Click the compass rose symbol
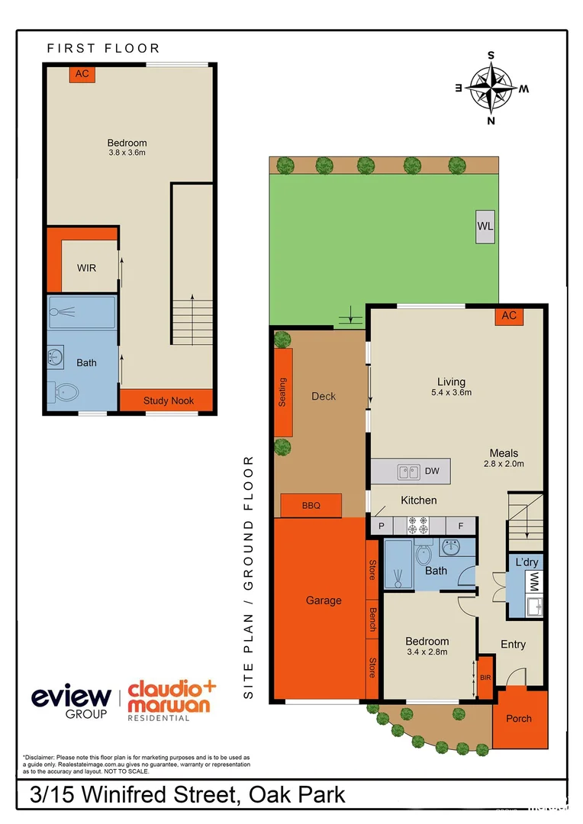pyautogui.click(x=491, y=87)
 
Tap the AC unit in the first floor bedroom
pyautogui.click(x=82, y=74)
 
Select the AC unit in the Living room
pyautogui.click(x=509, y=316)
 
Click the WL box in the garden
pyautogui.click(x=485, y=227)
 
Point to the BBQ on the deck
pyautogui.click(x=311, y=505)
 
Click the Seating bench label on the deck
pyautogui.click(x=282, y=392)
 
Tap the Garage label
pyautogui.click(x=324, y=600)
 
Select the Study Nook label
pyautogui.click(x=169, y=401)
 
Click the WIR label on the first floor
pyautogui.click(x=86, y=269)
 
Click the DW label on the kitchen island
pyautogui.click(x=432, y=471)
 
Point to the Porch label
pyautogui.click(x=519, y=719)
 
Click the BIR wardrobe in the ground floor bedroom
pyautogui.click(x=484, y=676)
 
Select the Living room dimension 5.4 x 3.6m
pyautogui.click(x=451, y=393)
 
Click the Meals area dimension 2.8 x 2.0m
pyautogui.click(x=504, y=463)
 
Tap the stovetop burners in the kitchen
pyautogui.click(x=419, y=525)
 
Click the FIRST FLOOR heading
pyautogui.click(x=103, y=48)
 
